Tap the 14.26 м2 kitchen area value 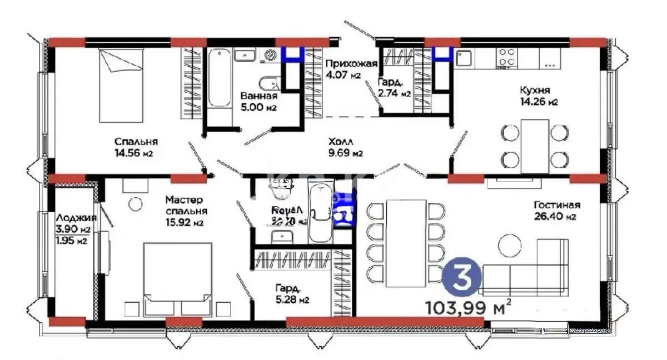[x=539, y=102]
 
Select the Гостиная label [x=553, y=204]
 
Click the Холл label [x=340, y=141]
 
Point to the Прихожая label [x=351, y=63]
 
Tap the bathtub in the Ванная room [x=220, y=78]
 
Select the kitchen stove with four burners [x=506, y=57]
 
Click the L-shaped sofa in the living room [x=525, y=268]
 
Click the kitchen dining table [x=535, y=146]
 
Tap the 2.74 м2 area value [x=394, y=94]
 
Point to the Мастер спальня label [x=186, y=206]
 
